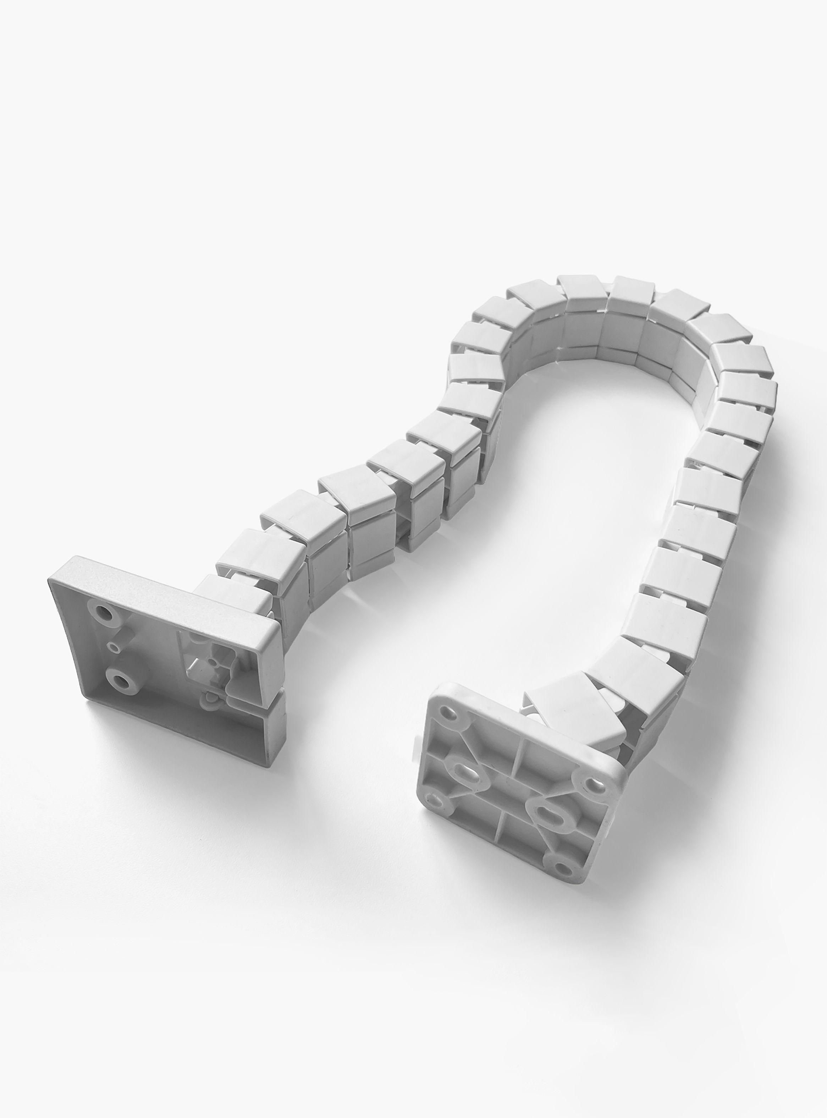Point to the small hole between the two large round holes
point(116,648)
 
